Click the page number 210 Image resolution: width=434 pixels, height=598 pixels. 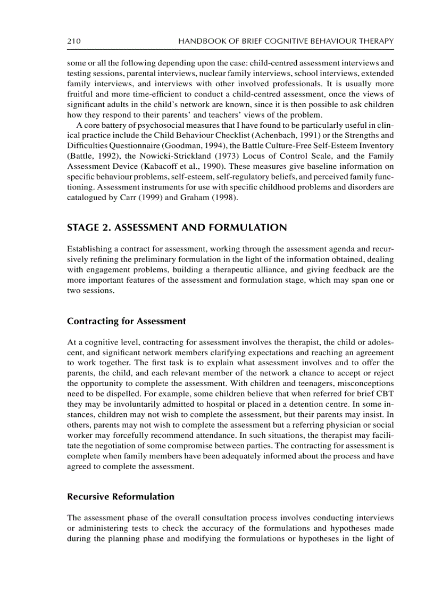point(73,41)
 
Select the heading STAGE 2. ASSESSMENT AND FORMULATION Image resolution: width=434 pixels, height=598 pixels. point(177,228)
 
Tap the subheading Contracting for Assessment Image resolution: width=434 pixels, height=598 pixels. point(127,321)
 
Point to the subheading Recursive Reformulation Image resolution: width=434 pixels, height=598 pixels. point(121,497)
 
